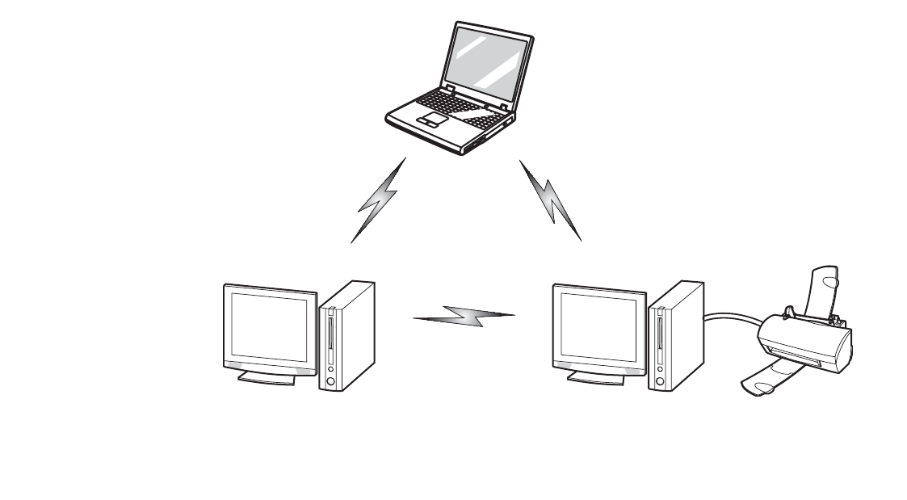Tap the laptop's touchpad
433,120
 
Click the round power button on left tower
330,378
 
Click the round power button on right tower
659,378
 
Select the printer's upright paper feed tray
824,291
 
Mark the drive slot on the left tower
330,331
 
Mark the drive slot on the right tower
659,331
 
